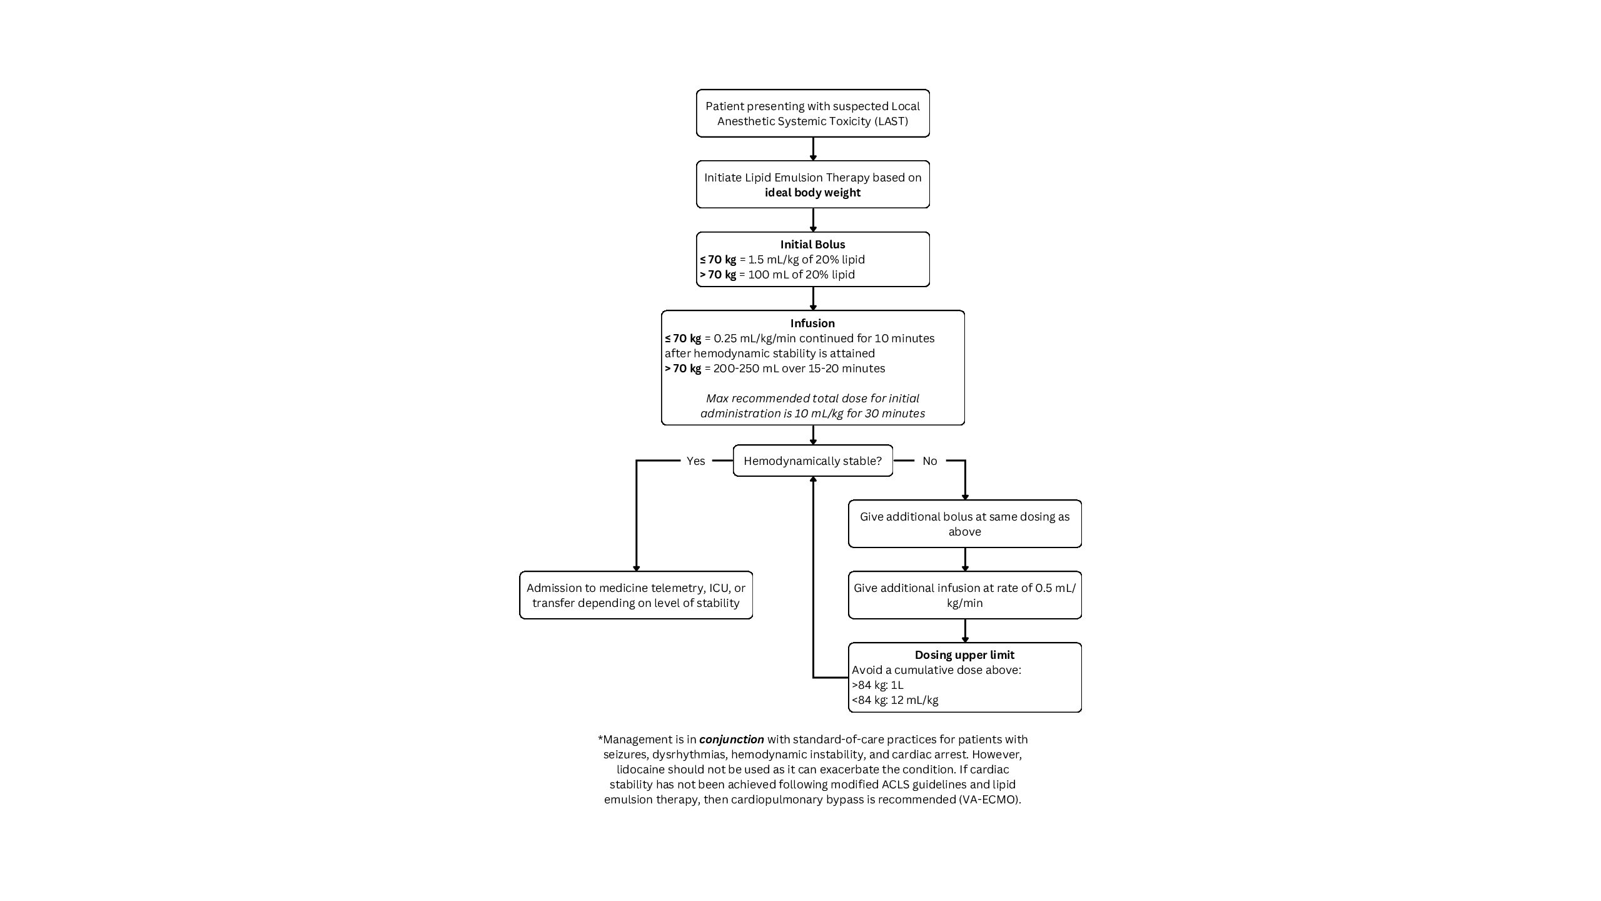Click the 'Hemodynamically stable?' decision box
click(812, 461)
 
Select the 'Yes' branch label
click(695, 461)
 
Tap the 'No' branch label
click(929, 461)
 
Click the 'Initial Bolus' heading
click(812, 245)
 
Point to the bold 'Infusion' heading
click(812, 323)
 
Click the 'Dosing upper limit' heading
click(964, 655)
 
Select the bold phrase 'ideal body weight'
click(812, 193)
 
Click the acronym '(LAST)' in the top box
click(891, 121)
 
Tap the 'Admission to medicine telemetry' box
click(636, 595)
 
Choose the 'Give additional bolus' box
click(965, 524)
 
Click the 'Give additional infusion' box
click(965, 595)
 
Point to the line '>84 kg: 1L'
click(877, 685)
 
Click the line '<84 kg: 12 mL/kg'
click(895, 700)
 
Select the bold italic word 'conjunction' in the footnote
click(732, 740)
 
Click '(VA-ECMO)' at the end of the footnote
click(989, 800)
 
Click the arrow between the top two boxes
click(813, 149)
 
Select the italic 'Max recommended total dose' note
click(812, 406)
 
